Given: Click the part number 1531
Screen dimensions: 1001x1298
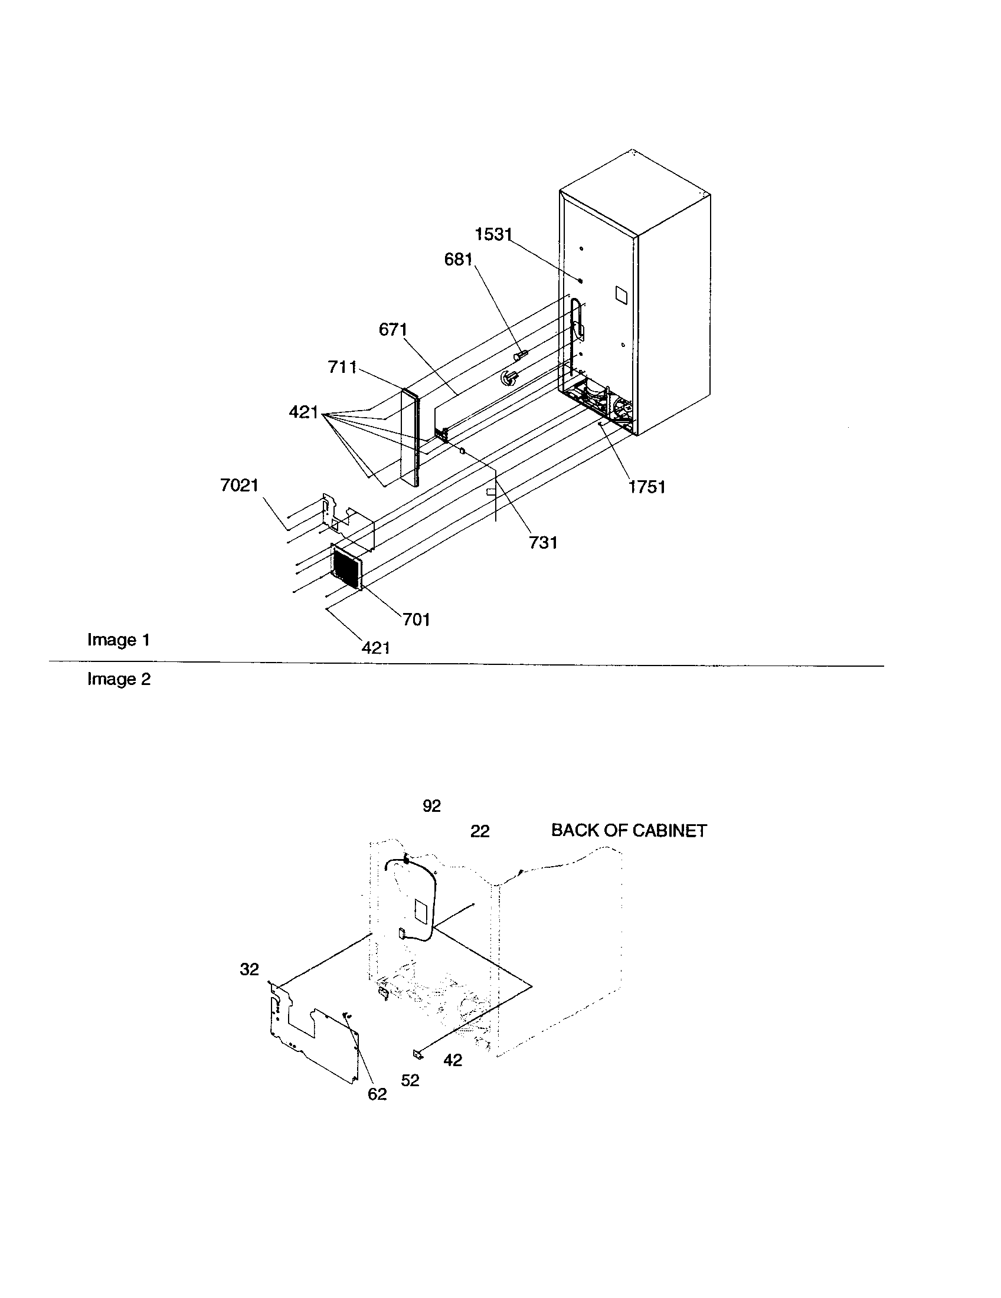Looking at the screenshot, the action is tap(493, 235).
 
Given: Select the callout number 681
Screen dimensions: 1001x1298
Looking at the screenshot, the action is tap(458, 260).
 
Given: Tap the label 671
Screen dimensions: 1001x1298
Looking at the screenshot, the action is tap(393, 329).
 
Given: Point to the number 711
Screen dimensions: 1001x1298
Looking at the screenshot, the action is tap(342, 368).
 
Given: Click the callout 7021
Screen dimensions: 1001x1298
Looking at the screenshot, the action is tap(240, 486).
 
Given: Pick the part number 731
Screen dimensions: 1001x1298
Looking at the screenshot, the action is tap(543, 542).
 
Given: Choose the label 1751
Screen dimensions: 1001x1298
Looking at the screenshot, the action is tap(647, 487).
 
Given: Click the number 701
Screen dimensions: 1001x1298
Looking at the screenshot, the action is tap(416, 619).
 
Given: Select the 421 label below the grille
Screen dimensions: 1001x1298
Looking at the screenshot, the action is tap(376, 647).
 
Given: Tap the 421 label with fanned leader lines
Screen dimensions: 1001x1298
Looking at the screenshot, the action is tap(304, 412).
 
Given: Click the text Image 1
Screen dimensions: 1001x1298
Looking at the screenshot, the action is tap(119, 640).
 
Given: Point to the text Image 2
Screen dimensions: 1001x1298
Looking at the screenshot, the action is tap(119, 679).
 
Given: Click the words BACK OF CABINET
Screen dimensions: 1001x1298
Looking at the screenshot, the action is tap(629, 830).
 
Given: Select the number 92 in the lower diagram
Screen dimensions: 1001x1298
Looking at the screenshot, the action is tap(431, 806).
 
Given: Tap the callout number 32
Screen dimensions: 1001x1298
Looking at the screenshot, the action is tap(250, 969).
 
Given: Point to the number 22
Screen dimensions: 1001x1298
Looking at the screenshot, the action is tap(480, 831).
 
